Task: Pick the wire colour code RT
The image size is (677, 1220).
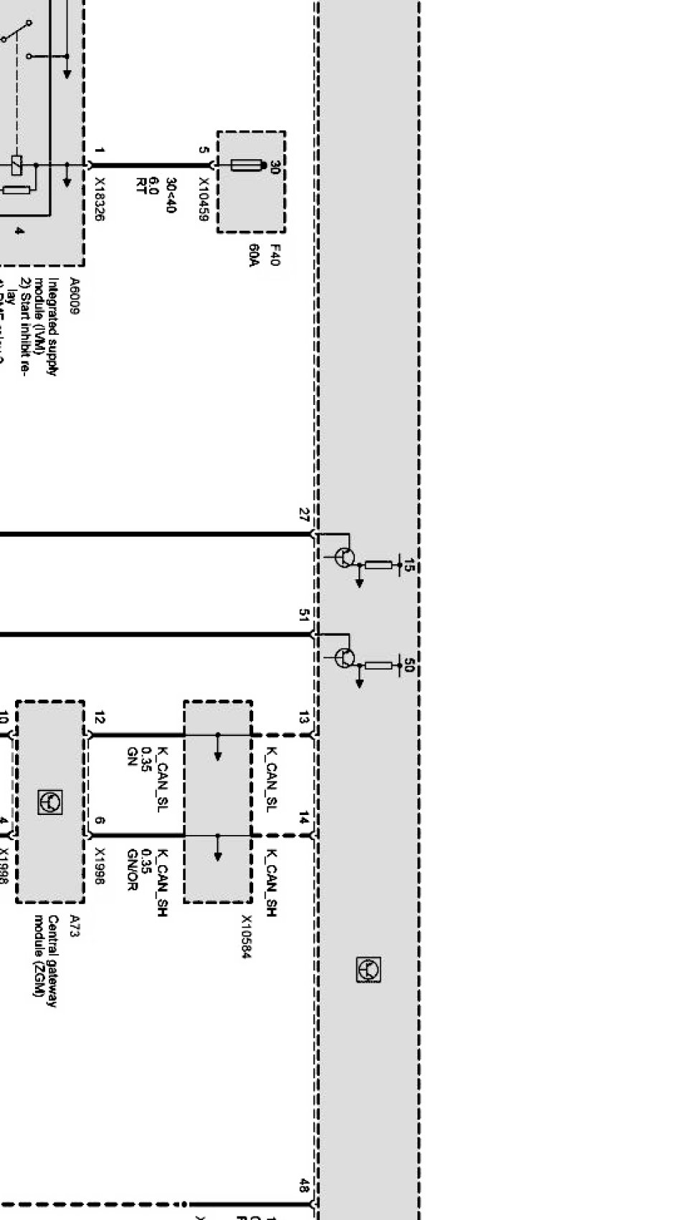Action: coord(141,186)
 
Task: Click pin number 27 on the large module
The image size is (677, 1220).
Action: coord(304,515)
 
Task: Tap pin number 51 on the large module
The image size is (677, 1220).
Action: coord(304,615)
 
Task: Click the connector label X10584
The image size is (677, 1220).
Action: coord(247,936)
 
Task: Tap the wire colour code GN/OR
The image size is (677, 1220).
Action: coord(131,869)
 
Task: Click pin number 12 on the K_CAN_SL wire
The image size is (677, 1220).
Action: coord(99,717)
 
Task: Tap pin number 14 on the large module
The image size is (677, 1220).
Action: coord(304,818)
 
